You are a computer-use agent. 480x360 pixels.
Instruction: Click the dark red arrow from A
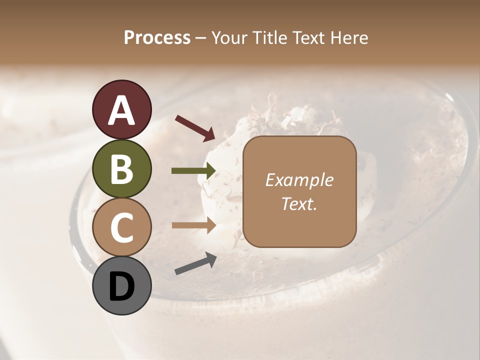[194, 127]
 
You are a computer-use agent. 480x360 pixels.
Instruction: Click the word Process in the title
[157, 37]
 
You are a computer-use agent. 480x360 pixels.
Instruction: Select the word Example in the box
[299, 180]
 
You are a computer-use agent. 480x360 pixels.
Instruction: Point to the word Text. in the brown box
[299, 203]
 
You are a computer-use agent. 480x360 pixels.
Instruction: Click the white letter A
[121, 110]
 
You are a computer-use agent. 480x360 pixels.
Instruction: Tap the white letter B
[121, 169]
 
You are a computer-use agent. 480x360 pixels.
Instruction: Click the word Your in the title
[228, 37]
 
